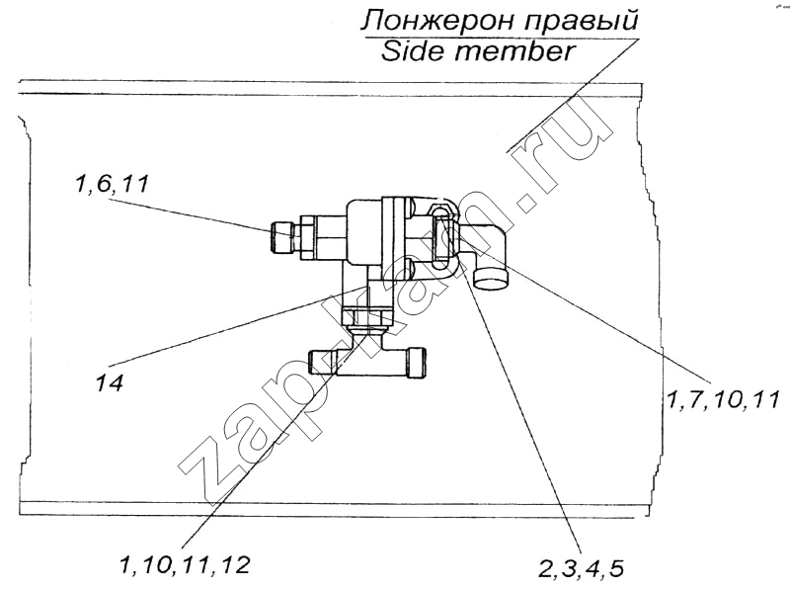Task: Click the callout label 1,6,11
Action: click(x=112, y=183)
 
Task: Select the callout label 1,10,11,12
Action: click(x=185, y=565)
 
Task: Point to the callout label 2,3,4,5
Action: click(x=582, y=569)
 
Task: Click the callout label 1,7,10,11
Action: click(x=723, y=400)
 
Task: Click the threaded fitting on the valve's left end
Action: click(x=281, y=238)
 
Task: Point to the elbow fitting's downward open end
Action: click(x=492, y=279)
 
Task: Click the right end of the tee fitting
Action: click(x=417, y=362)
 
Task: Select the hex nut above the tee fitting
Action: click(x=366, y=316)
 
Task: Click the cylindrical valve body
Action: click(x=363, y=231)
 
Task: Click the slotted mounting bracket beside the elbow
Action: click(x=442, y=236)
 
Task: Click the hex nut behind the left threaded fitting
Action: click(x=309, y=238)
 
